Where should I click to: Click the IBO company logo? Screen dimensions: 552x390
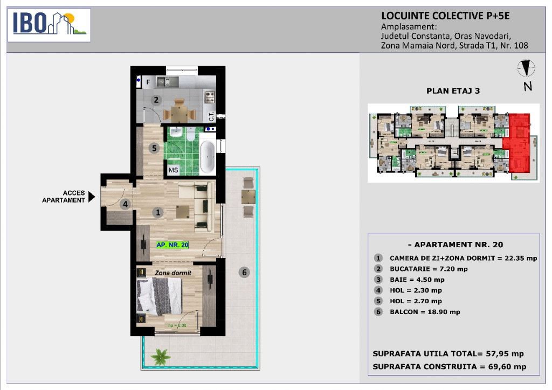tap(49, 25)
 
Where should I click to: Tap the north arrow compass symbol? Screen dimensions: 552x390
tap(526, 68)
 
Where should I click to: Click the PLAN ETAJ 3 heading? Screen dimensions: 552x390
tap(453, 90)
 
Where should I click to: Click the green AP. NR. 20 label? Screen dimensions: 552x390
tap(172, 245)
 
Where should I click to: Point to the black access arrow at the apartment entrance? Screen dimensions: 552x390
tap(92, 197)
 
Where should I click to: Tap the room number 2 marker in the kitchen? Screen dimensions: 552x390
tap(156, 100)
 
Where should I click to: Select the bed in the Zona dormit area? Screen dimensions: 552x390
tap(160, 296)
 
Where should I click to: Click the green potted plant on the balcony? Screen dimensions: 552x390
tap(161, 357)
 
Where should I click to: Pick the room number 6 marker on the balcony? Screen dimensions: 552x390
tap(244, 272)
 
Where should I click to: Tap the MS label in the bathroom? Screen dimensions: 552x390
tap(173, 170)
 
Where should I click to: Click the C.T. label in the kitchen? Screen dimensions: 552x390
tap(211, 116)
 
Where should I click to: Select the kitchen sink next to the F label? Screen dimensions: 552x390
tap(168, 82)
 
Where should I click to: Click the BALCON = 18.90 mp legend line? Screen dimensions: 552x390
tap(425, 312)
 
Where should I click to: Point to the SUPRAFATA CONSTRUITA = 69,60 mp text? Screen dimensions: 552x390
tap(450, 366)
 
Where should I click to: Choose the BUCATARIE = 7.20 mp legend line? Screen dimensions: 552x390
tap(429, 269)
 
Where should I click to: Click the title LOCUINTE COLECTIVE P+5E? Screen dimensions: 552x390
tap(445, 16)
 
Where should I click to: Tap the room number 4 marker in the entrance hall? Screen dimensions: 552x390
tap(125, 204)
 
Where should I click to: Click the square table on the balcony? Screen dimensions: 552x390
tap(248, 197)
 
